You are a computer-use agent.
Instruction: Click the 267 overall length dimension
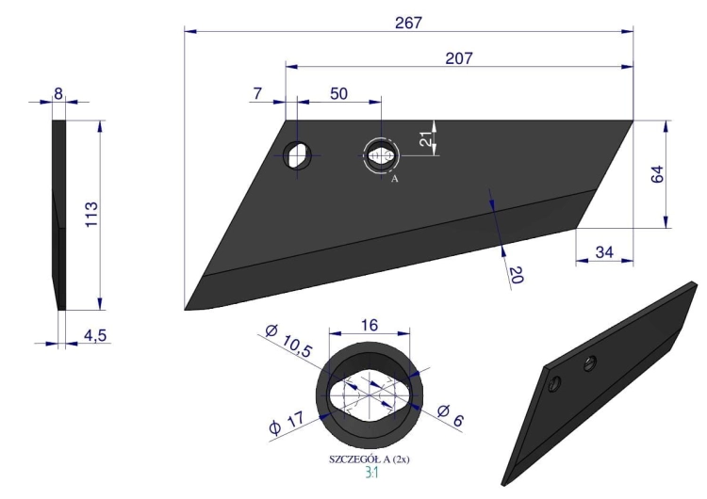pyautogui.click(x=408, y=23)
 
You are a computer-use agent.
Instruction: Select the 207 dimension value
pyautogui.click(x=459, y=58)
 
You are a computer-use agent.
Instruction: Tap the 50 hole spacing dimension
pyautogui.click(x=338, y=93)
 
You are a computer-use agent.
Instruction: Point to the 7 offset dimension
pyautogui.click(x=257, y=93)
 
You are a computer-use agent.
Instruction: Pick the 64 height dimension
pyautogui.click(x=657, y=174)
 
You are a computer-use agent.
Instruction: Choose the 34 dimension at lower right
pyautogui.click(x=603, y=251)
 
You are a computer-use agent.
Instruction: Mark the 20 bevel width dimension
pyautogui.click(x=517, y=275)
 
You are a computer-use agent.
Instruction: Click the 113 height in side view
pyautogui.click(x=91, y=215)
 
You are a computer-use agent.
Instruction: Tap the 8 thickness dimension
pyautogui.click(x=58, y=93)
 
